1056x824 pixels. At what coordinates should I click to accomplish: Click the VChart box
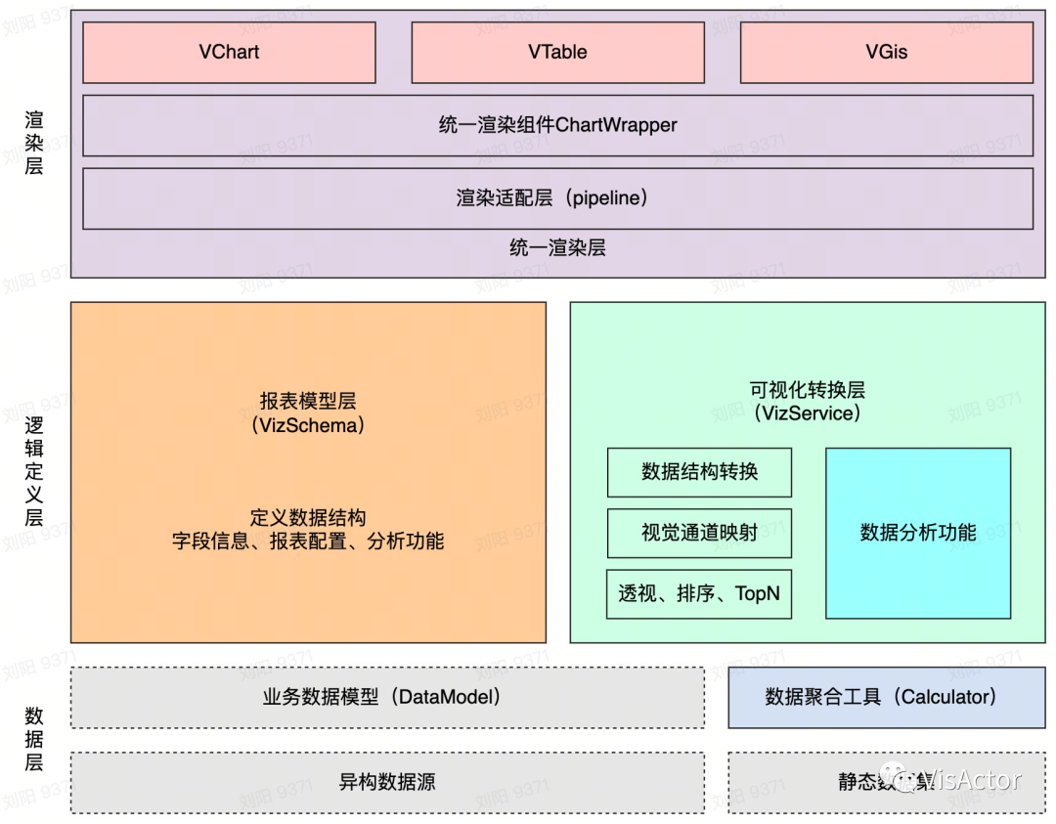[229, 53]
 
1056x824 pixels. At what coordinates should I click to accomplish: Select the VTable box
[557, 53]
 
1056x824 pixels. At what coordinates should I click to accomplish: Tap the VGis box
[886, 53]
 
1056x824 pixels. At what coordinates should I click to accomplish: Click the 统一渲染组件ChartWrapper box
[557, 125]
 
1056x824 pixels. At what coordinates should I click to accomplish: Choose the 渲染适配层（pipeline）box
[557, 198]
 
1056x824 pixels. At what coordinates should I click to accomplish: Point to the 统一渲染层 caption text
[557, 248]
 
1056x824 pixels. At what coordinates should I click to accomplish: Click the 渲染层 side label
[34, 142]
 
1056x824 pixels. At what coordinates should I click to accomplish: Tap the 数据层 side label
[34, 739]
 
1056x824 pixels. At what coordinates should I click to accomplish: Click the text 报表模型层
[308, 401]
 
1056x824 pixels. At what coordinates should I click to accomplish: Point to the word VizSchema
[308, 425]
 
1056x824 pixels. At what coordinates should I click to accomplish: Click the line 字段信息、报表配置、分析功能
[308, 541]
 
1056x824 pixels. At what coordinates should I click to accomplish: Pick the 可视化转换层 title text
[807, 390]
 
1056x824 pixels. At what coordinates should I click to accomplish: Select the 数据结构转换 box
[699, 472]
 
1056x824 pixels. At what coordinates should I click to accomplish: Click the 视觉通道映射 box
[699, 533]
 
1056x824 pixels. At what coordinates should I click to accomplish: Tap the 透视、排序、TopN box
[699, 593]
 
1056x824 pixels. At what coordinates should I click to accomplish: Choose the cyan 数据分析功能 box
[918, 533]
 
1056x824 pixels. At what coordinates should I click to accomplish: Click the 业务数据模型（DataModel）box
[387, 698]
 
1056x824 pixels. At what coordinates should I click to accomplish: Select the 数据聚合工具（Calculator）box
[886, 698]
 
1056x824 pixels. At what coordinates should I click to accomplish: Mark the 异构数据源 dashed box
[387, 782]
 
